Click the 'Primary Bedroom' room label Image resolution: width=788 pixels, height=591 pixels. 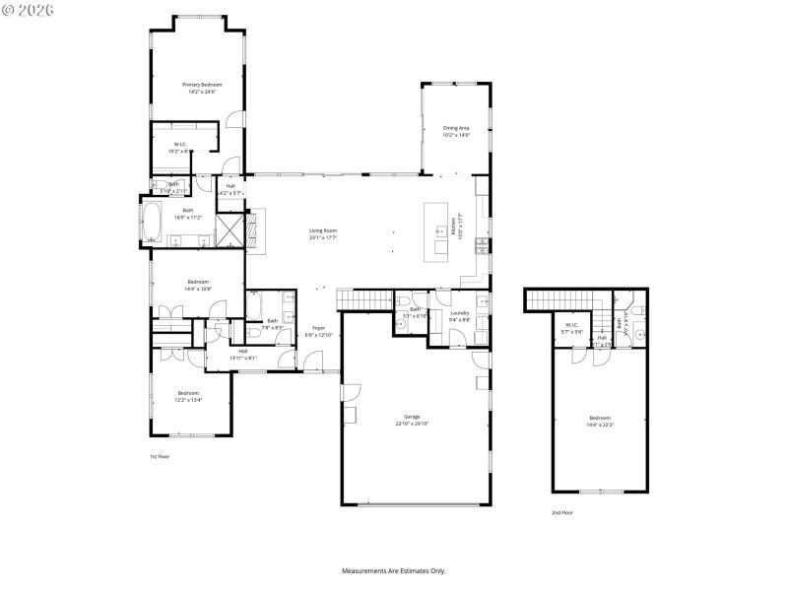(202, 86)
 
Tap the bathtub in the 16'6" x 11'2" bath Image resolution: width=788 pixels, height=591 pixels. (153, 220)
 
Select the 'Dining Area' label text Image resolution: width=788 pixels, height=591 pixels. (456, 128)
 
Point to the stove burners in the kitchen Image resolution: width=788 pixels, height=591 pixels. (482, 245)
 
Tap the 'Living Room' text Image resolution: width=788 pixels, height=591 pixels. (323, 230)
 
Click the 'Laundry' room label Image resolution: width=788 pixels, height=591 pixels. (460, 312)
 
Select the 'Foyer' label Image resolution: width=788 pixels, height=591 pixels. (318, 328)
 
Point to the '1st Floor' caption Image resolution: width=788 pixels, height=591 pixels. (161, 457)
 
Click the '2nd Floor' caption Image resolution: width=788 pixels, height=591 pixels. (562, 512)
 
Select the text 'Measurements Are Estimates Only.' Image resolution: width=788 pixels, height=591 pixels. (394, 571)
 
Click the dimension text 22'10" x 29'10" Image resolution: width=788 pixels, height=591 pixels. (412, 424)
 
